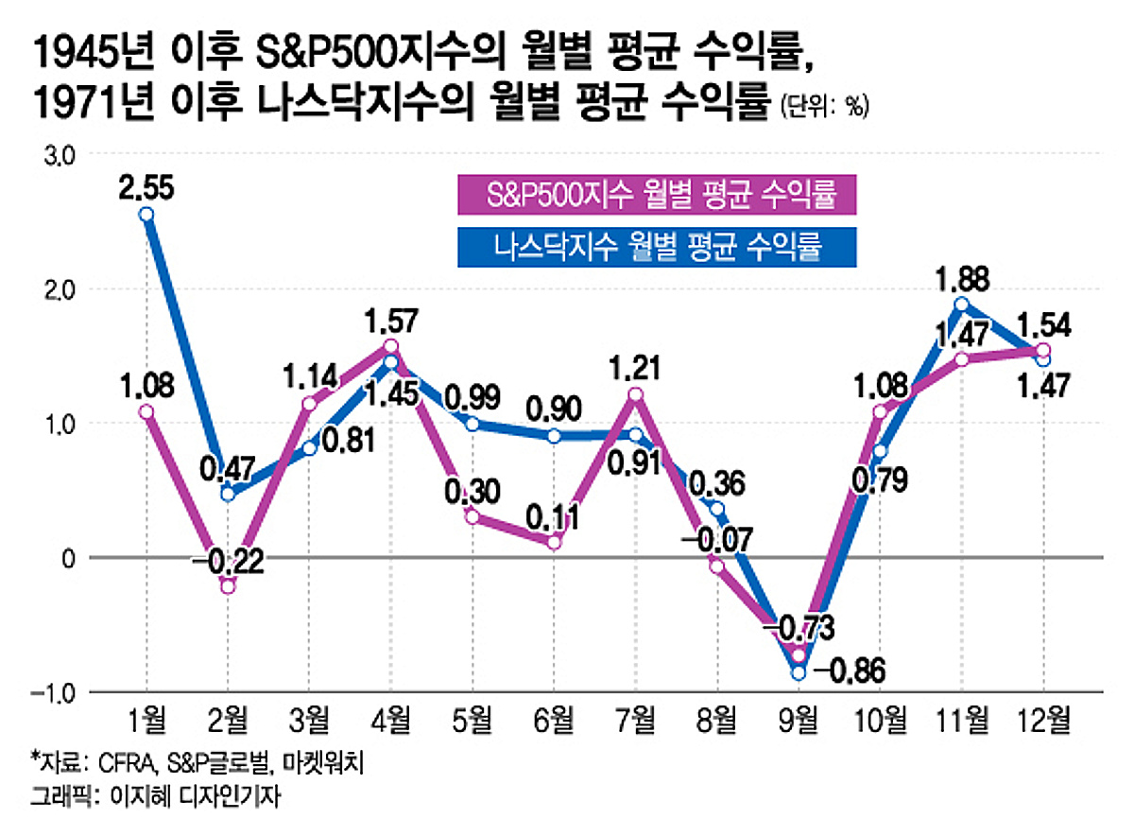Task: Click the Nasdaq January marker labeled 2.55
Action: click(x=146, y=215)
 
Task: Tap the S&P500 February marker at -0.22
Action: click(x=228, y=587)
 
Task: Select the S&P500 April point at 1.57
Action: click(x=391, y=345)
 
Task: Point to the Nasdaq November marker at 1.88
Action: click(x=962, y=304)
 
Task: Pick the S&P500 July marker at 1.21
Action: click(x=635, y=394)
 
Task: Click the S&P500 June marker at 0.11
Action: click(x=555, y=543)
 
